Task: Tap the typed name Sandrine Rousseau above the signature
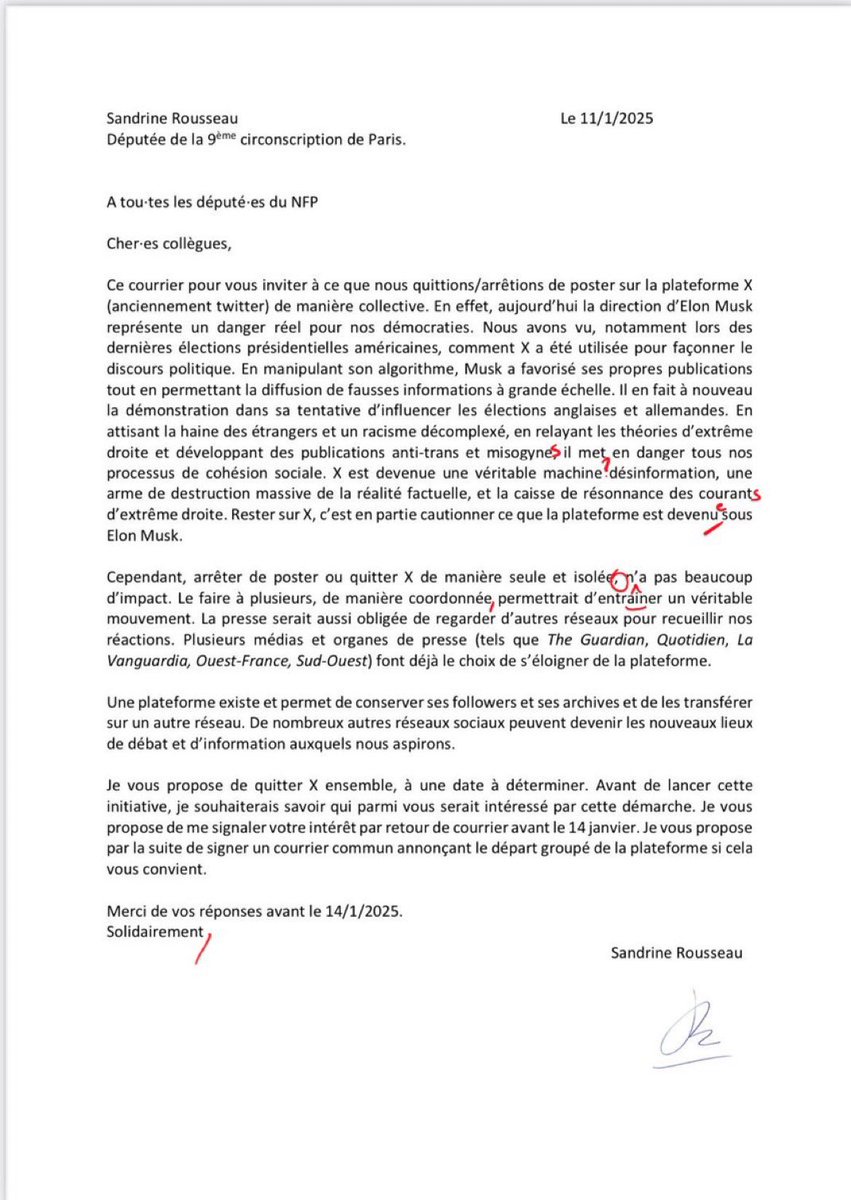pyautogui.click(x=677, y=953)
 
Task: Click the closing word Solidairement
pyautogui.click(x=153, y=931)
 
